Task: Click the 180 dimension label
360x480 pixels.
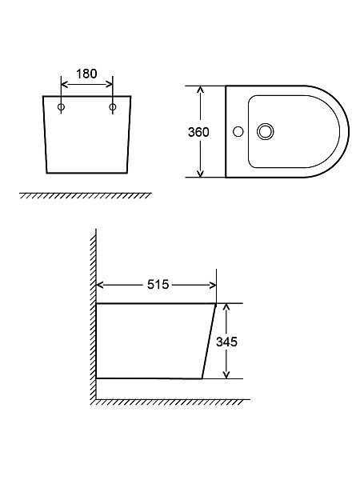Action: (86, 74)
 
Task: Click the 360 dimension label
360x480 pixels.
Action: (198, 132)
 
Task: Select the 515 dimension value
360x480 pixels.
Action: (158, 285)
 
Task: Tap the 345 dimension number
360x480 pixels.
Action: (226, 342)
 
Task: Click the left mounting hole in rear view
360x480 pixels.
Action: (62, 107)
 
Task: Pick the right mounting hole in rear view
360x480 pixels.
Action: (113, 107)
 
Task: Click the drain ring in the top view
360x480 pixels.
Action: (265, 132)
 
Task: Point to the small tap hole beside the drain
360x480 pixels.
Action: (238, 132)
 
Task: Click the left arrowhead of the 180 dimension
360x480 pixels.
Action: (64, 85)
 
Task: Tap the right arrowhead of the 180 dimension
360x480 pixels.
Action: (110, 85)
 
